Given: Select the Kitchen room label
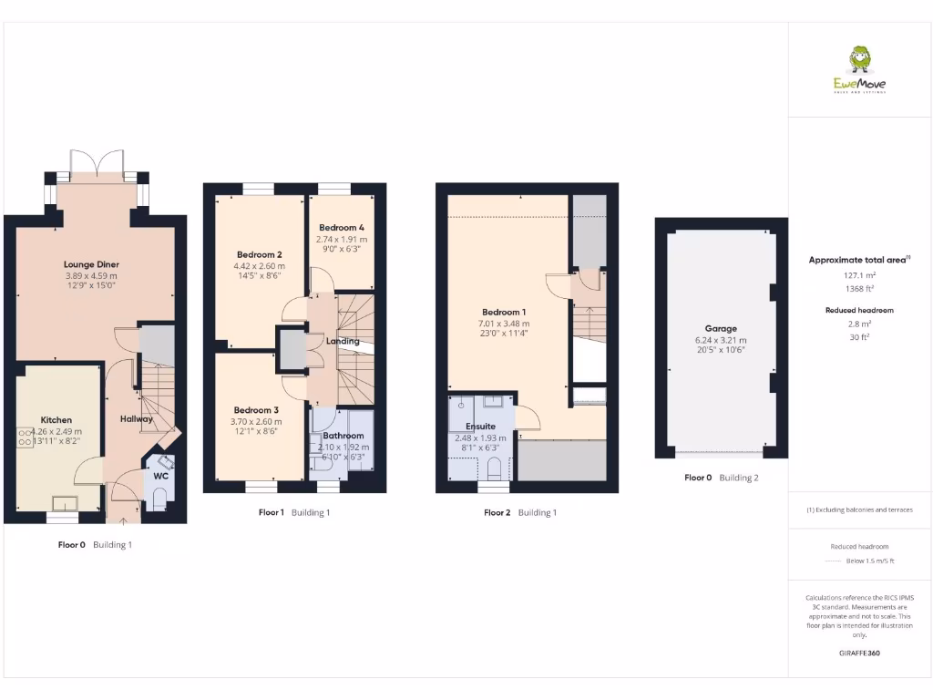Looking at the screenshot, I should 56,420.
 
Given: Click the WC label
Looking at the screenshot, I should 160,476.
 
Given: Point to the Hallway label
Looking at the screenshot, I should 137,418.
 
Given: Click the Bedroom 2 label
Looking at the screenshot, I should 259,254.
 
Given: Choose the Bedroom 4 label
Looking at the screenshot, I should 342,227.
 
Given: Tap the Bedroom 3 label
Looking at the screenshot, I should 256,410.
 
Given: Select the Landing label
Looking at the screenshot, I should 343,342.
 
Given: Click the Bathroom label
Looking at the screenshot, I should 343,436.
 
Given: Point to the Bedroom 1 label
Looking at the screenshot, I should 501,312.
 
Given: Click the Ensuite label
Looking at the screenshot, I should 480,426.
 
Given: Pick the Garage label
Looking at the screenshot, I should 721,328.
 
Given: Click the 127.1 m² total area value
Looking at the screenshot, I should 857,274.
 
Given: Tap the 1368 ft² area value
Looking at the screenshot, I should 857,288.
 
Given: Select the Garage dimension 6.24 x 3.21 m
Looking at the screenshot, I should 721,340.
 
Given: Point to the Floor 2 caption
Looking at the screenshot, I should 498,513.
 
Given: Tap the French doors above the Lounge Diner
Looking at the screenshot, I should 97,160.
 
